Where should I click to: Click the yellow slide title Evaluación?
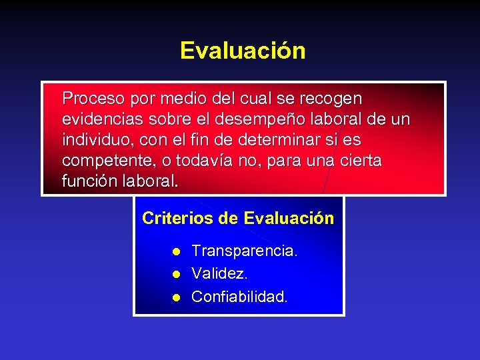tap(243, 51)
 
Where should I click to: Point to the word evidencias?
tap(97, 119)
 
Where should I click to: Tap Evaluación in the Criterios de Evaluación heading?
tap(289, 219)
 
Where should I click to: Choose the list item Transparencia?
tap(244, 251)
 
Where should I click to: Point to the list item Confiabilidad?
tap(239, 297)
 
